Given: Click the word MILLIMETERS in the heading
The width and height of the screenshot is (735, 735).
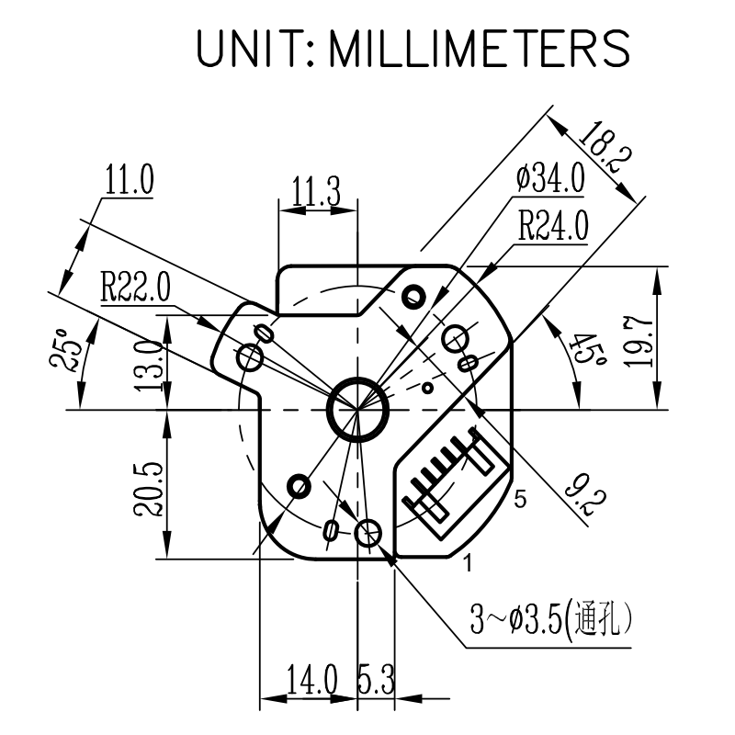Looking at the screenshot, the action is (x=480, y=48).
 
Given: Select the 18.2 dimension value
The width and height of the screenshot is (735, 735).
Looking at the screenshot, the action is (x=604, y=146).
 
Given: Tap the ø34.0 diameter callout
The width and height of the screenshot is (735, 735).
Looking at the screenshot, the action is (x=550, y=178).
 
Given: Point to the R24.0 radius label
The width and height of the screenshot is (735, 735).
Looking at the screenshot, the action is (x=553, y=226).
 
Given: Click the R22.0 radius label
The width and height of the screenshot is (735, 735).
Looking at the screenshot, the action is (x=135, y=287).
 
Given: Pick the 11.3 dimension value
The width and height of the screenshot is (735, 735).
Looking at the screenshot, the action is (x=317, y=192).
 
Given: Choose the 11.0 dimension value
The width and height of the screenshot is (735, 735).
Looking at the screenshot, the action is (x=130, y=179).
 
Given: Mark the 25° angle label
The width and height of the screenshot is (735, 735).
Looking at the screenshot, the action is (x=65, y=350).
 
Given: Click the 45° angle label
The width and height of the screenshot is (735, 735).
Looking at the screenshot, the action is (x=589, y=349).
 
